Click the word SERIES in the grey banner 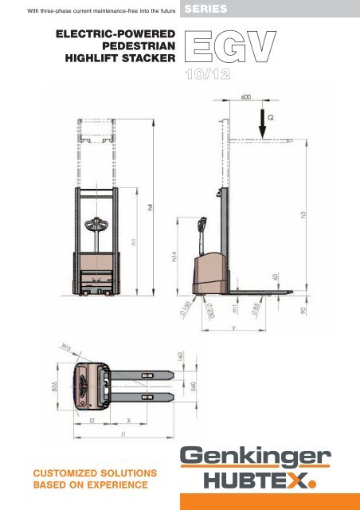206,10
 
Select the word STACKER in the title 145,63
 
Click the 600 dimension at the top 248,99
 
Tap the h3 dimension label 303,216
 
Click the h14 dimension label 174,259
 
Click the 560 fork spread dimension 194,386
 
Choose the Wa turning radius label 64,347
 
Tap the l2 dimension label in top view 92,418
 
